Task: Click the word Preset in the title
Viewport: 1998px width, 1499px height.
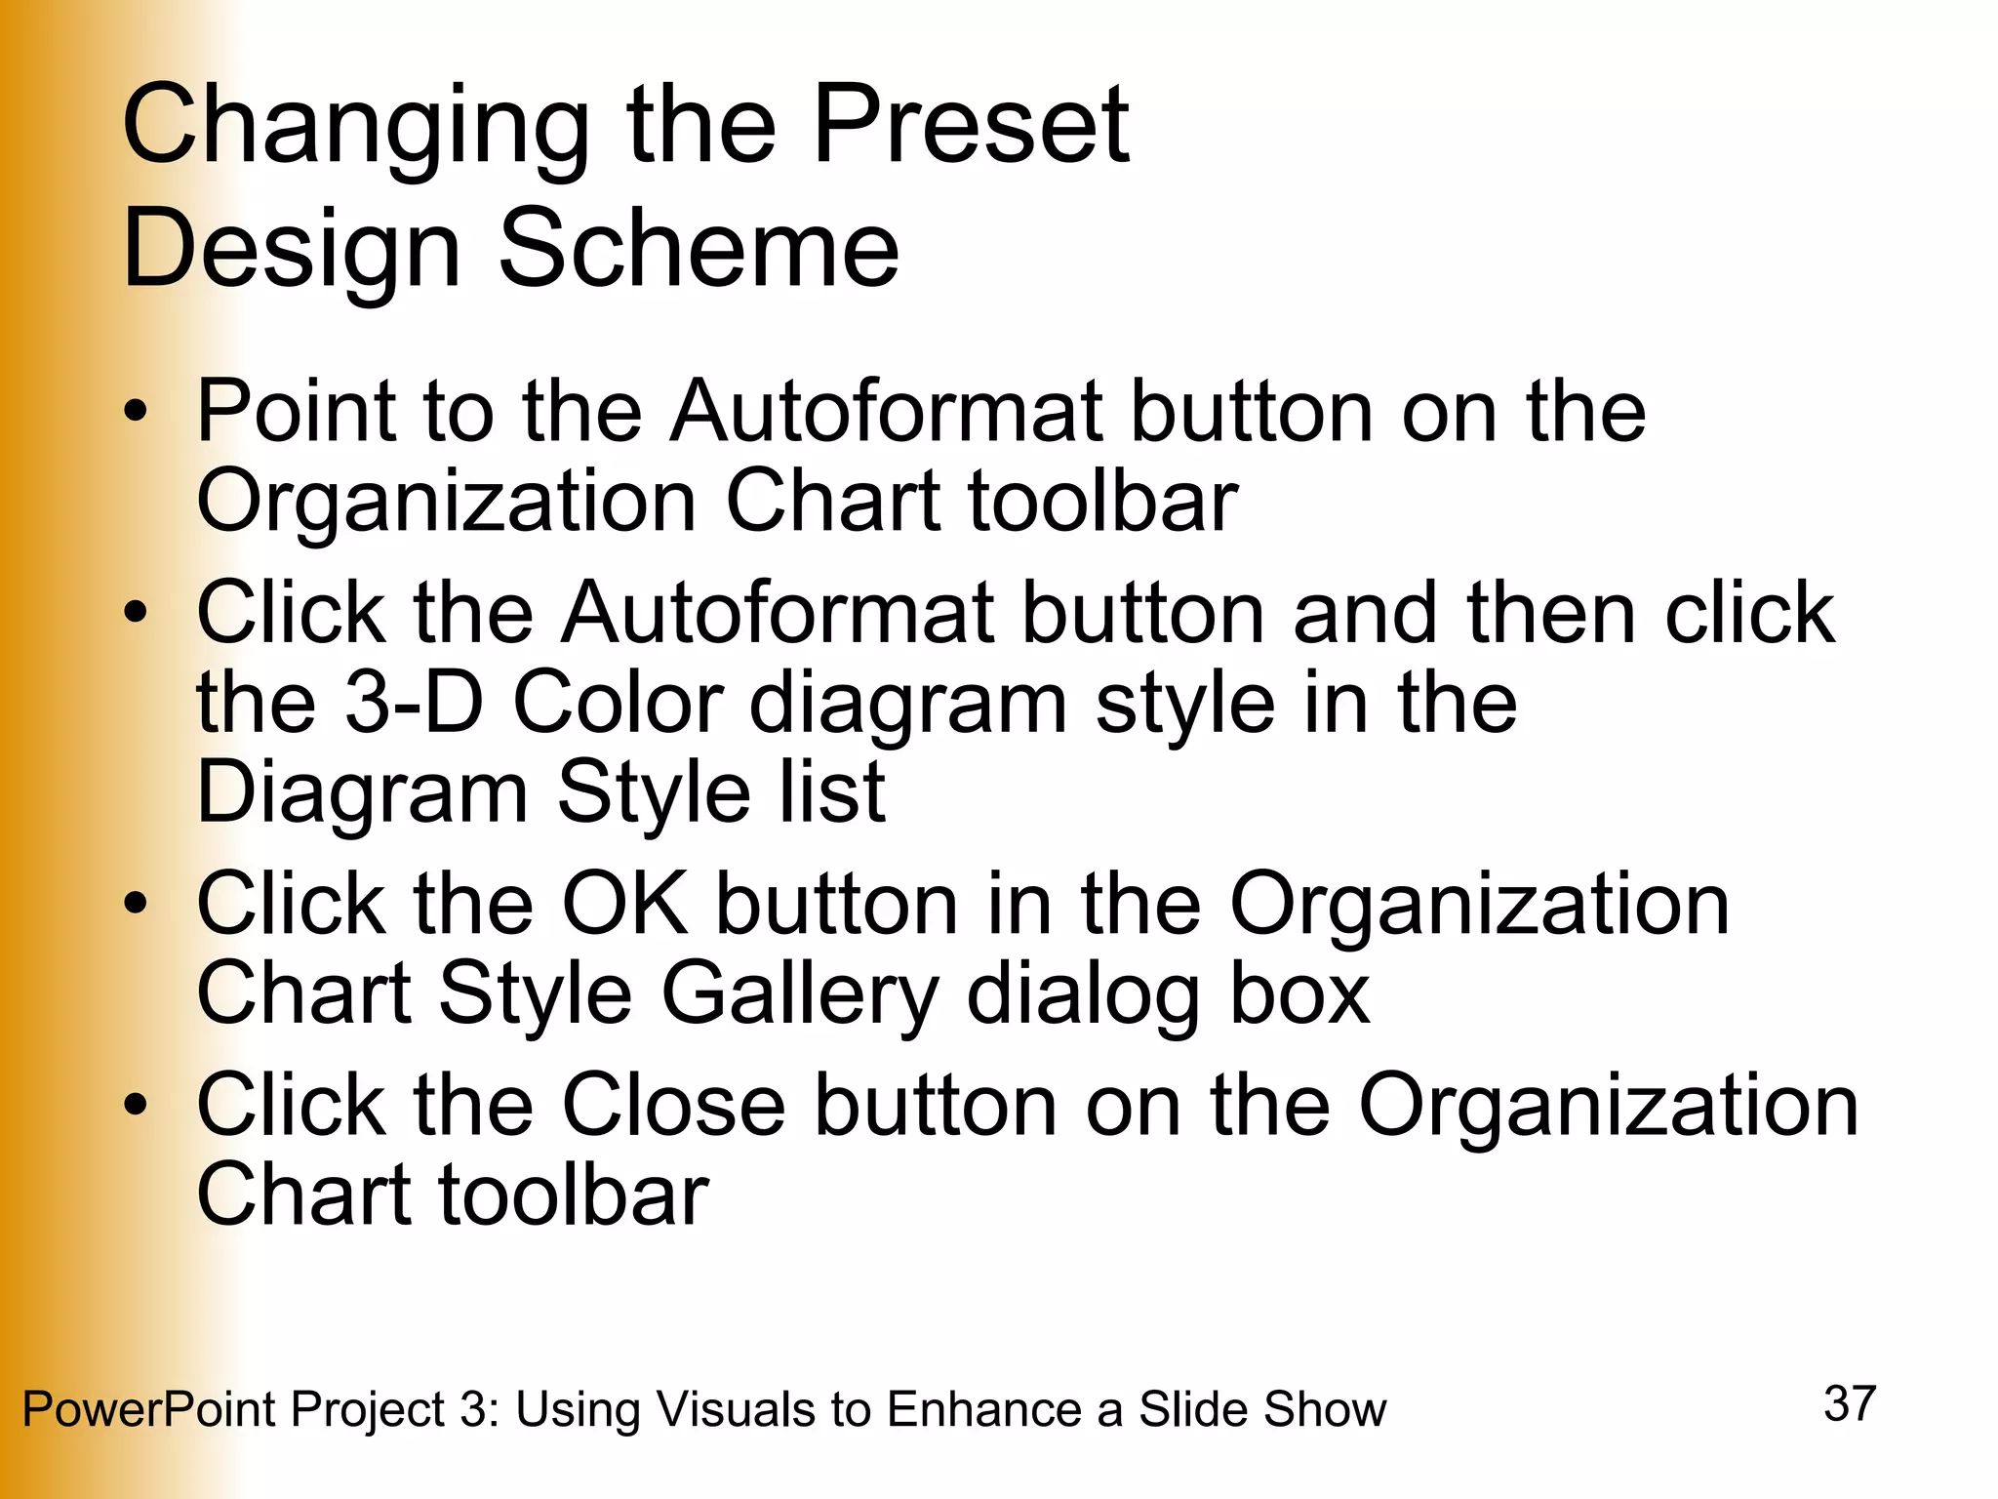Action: click(x=971, y=125)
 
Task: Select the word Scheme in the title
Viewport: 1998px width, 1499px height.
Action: click(x=699, y=250)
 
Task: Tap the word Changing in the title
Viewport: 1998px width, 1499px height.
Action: click(x=356, y=125)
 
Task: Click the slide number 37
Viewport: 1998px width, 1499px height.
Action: click(x=1850, y=1403)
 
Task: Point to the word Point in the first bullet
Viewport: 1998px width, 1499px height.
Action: click(x=296, y=412)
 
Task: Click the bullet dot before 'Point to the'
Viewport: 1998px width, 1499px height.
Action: click(x=136, y=412)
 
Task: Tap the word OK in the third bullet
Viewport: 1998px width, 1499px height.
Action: click(x=624, y=904)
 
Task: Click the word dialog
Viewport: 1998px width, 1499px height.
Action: click(x=1083, y=995)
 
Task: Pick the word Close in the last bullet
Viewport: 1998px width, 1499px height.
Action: click(x=673, y=1106)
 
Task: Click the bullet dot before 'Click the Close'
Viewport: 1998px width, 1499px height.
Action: click(x=136, y=1106)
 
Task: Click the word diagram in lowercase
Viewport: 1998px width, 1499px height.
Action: click(x=907, y=705)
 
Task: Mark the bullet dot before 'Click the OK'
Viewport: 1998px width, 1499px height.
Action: click(x=136, y=904)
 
